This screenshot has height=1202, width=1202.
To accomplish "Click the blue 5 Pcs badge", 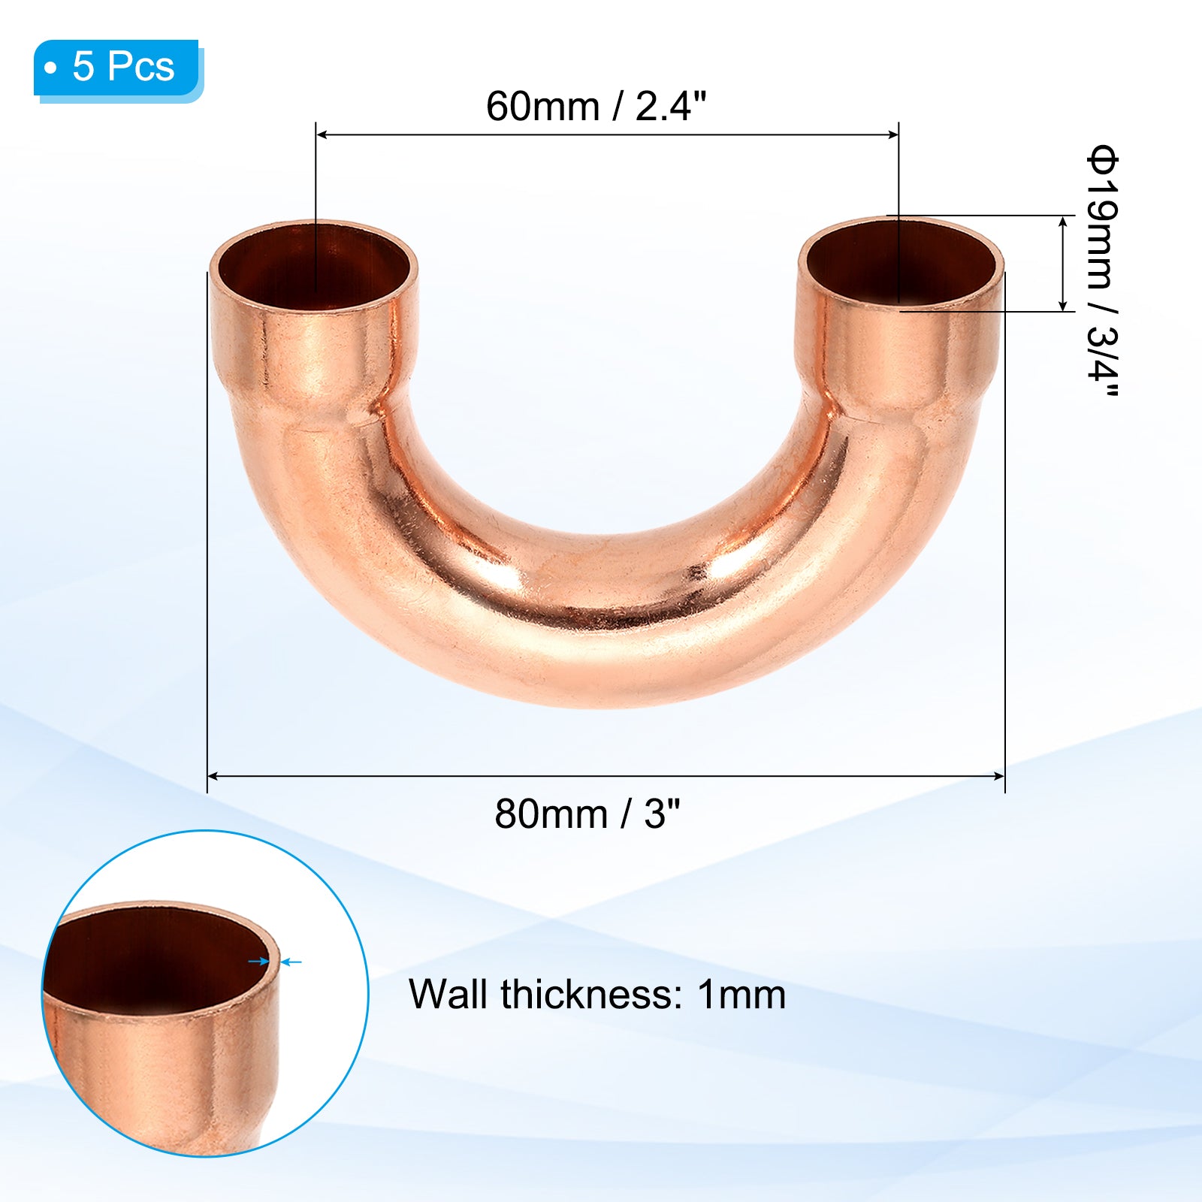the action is pos(118,68).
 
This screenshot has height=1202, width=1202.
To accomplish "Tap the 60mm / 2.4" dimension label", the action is pos(596,106).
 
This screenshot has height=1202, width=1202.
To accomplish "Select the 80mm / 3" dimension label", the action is pos(587,814).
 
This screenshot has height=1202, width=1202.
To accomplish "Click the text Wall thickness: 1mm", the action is pos(597,995).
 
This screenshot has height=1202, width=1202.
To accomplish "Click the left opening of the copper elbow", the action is pos(313,266).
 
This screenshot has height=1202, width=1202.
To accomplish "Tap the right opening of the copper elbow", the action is pos(901,262).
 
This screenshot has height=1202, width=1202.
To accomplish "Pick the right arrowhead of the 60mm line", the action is pos(893,135).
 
